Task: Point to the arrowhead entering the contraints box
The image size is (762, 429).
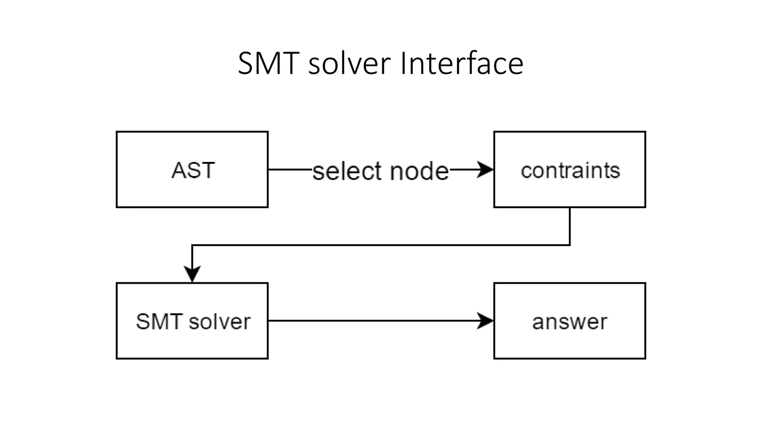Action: tap(486, 169)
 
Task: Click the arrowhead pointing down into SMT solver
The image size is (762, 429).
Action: tap(192, 274)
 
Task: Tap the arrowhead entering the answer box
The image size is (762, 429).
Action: tap(486, 321)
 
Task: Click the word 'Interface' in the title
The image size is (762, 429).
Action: tap(461, 63)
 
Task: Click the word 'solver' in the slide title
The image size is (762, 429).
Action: tap(349, 63)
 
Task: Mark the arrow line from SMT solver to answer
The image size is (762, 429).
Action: tap(372, 321)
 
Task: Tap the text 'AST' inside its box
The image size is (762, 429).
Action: tap(193, 171)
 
